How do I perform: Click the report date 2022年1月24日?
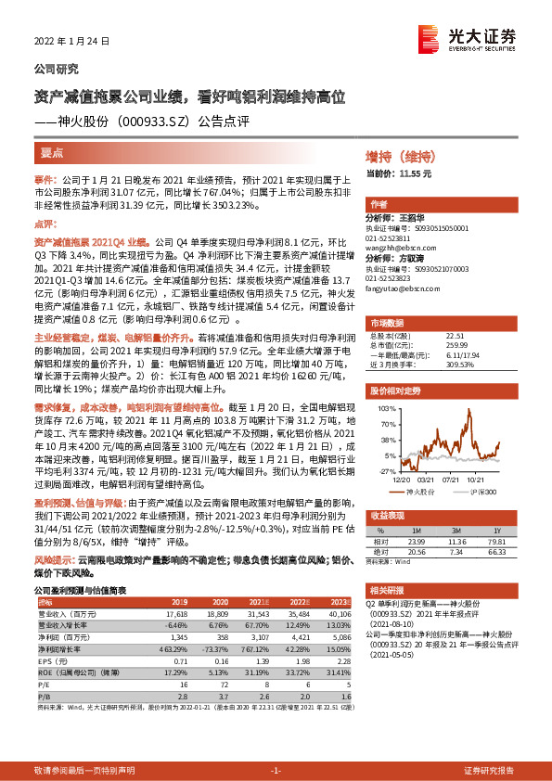[x=71, y=41]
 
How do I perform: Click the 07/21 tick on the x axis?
[x=452, y=480]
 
